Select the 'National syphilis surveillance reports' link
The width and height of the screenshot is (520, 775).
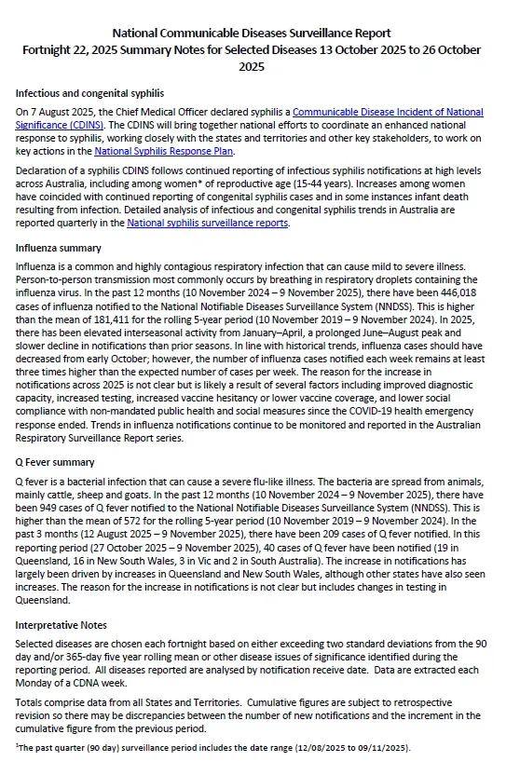click(x=208, y=224)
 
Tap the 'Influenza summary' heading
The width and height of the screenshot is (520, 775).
click(x=59, y=249)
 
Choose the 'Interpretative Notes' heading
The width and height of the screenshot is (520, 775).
click(x=62, y=623)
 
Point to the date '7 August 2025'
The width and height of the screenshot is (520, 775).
click(x=57, y=113)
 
